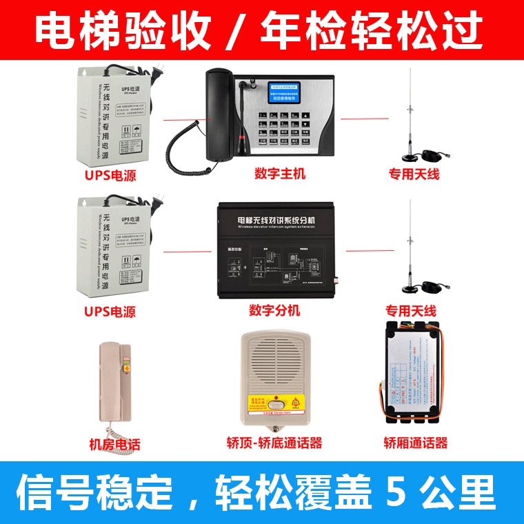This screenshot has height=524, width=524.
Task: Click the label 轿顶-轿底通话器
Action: (x=274, y=443)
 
